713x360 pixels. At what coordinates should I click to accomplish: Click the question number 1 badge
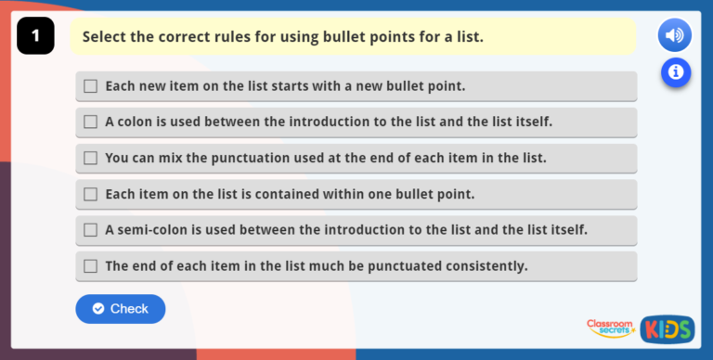point(35,36)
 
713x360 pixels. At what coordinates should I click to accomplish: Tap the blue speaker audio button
point(675,36)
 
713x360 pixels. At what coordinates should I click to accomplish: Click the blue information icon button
point(675,71)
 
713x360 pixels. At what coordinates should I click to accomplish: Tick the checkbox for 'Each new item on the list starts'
point(90,86)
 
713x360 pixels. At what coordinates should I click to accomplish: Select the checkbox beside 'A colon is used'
point(90,122)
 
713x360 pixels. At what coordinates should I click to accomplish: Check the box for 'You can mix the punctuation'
point(90,158)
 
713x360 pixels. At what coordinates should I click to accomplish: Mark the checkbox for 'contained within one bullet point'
point(90,194)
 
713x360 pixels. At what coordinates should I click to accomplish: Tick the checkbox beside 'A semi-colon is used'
point(90,229)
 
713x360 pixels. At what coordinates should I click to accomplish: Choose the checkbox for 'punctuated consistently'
point(90,265)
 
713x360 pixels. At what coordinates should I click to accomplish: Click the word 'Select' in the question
point(105,37)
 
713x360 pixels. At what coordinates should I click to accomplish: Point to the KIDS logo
point(667,328)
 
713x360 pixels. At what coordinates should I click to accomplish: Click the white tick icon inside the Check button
point(98,309)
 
